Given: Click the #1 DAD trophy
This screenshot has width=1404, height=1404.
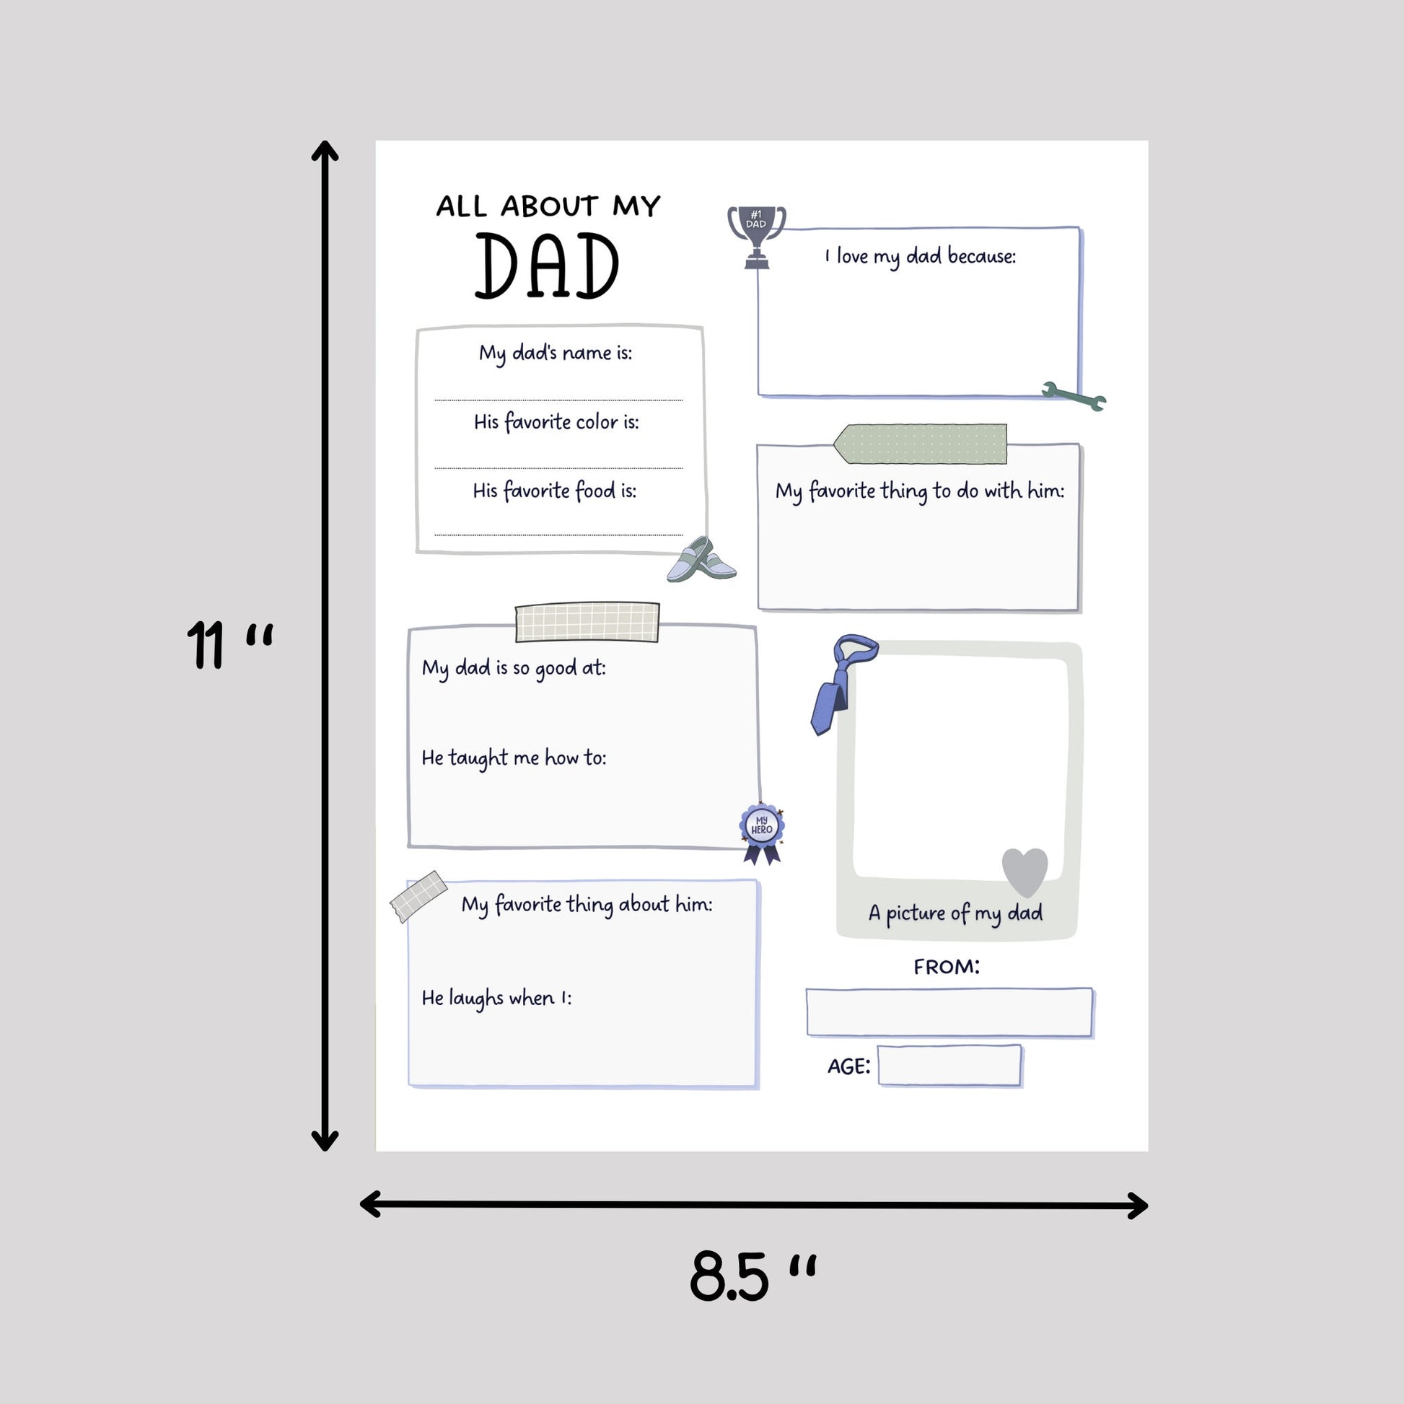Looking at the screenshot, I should click(x=756, y=234).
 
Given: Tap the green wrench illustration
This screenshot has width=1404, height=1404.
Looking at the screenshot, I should click(x=1074, y=396).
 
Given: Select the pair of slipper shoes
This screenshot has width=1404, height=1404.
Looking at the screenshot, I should click(x=701, y=561).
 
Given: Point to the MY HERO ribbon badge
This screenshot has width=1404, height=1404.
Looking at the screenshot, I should click(x=762, y=831).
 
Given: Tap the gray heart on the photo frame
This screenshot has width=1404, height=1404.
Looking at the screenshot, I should click(x=1025, y=870).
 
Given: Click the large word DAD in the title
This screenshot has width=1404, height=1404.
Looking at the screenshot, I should click(x=546, y=267).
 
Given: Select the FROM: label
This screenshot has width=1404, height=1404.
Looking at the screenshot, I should click(x=946, y=968).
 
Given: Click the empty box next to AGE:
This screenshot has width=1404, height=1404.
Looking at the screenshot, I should click(x=949, y=1066).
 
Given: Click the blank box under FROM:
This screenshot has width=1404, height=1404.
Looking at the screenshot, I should click(x=949, y=1012).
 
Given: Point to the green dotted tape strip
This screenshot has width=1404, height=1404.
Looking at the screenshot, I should click(x=921, y=444).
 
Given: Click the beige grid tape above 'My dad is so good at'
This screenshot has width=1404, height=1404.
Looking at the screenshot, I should click(x=587, y=622).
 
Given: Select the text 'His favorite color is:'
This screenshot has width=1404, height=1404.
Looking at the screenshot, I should click(x=556, y=422).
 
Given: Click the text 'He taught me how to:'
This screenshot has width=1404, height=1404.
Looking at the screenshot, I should click(x=514, y=758).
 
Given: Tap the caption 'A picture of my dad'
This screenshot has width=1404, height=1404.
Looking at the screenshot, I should click(x=956, y=913).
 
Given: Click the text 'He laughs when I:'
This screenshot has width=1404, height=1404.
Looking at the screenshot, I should click(x=496, y=999).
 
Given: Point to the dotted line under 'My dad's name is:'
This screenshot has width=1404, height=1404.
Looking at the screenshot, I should click(x=558, y=400).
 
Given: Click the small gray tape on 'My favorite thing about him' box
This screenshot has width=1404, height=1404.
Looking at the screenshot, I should click(x=418, y=895).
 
